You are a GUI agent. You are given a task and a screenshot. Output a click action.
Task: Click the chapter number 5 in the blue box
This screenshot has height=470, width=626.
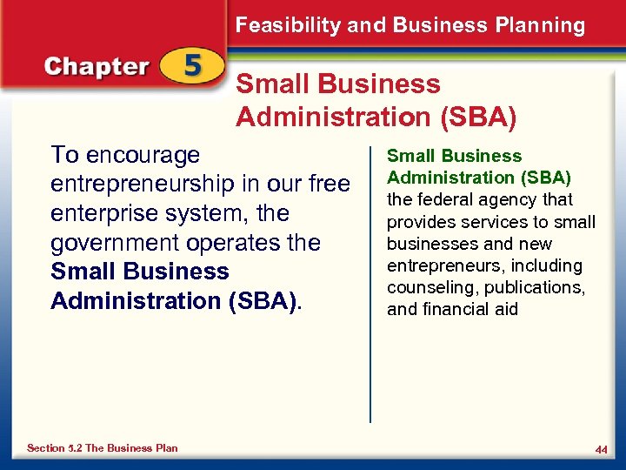[194, 66]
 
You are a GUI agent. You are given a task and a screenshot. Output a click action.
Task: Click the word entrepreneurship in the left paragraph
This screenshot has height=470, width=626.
[150, 185]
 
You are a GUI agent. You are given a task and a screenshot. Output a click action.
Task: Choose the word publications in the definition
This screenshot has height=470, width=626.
[530, 287]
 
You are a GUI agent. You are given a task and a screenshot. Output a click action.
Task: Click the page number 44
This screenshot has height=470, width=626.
[601, 449]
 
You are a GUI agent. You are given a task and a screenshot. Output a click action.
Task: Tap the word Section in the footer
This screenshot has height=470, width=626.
[46, 448]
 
